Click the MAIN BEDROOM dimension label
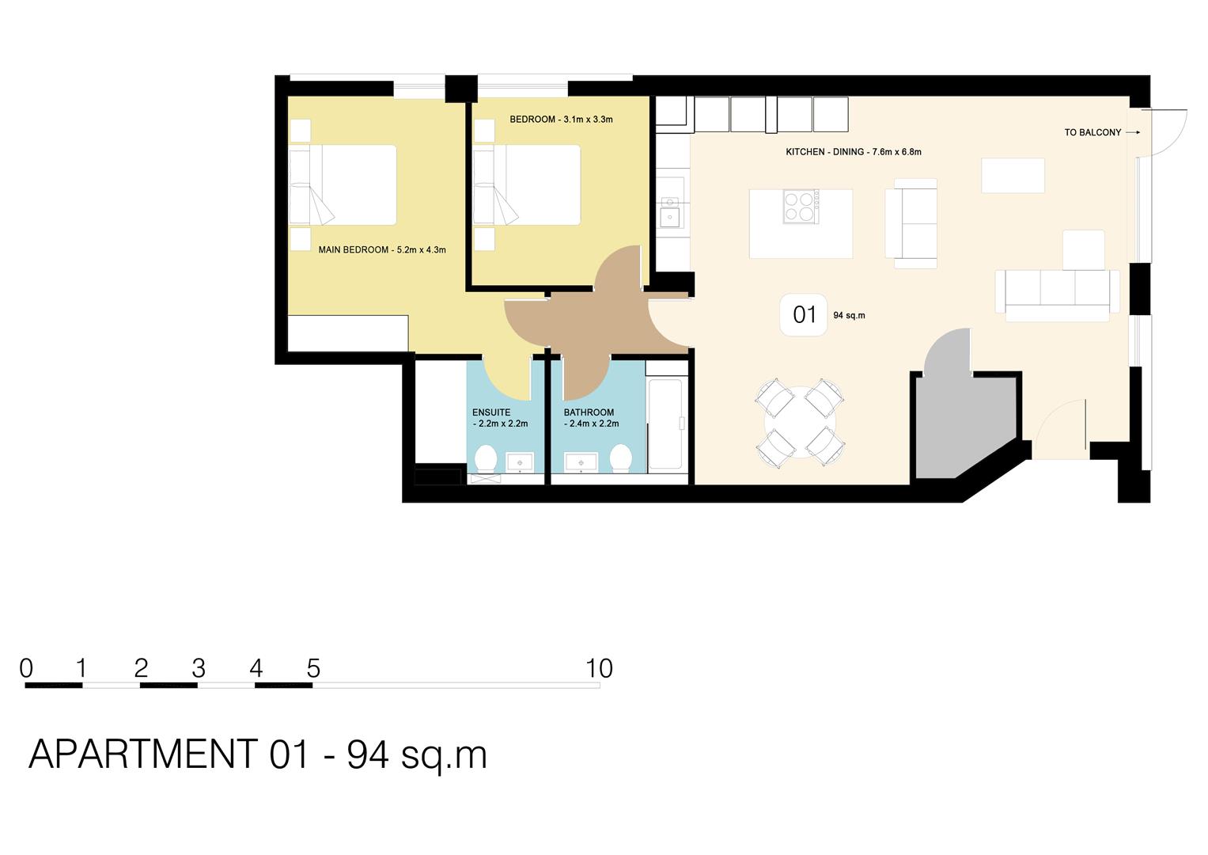point(381,250)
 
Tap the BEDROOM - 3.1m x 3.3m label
point(561,120)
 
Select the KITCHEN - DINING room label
point(853,152)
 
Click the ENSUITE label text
point(491,412)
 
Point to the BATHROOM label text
point(589,412)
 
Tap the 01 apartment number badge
point(804,315)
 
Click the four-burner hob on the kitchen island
point(801,206)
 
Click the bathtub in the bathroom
point(665,425)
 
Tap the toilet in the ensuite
point(485,459)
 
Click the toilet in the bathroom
point(620,459)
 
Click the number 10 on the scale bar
point(599,669)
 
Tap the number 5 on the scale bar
point(313,669)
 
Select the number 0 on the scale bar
point(26,669)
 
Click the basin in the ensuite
point(520,462)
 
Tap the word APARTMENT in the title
point(143,754)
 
